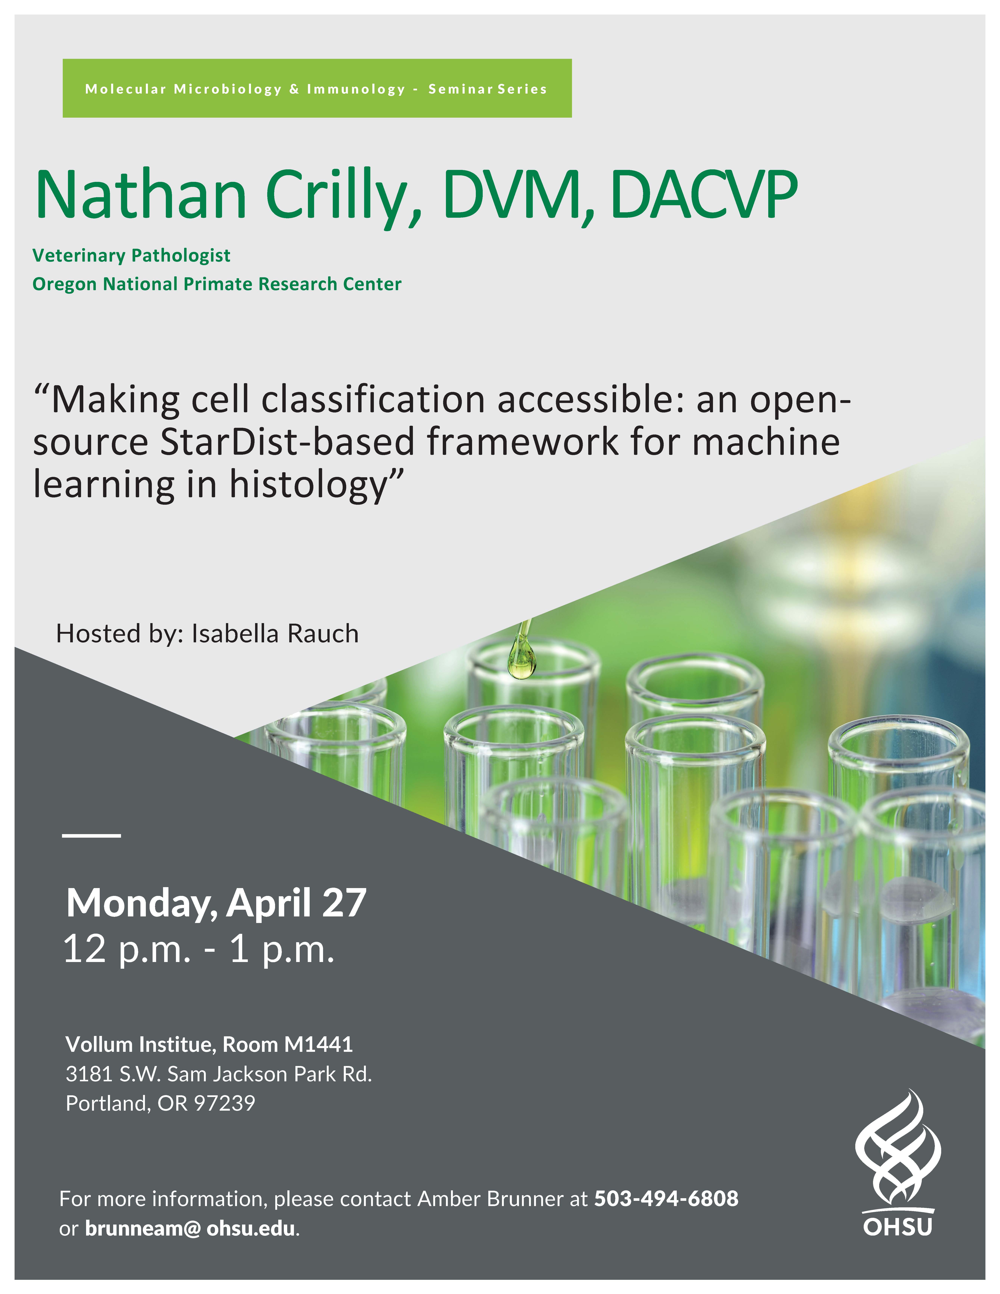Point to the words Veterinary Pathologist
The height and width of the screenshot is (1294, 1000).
click(x=131, y=255)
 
